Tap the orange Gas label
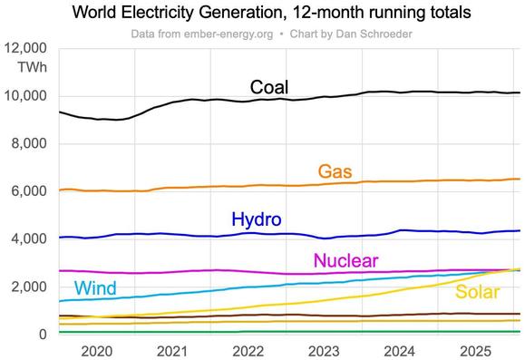coord(335,171)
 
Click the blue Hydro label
coord(257,219)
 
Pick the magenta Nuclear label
coord(345,261)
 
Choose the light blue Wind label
coord(95,289)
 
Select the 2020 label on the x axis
coord(95,350)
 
